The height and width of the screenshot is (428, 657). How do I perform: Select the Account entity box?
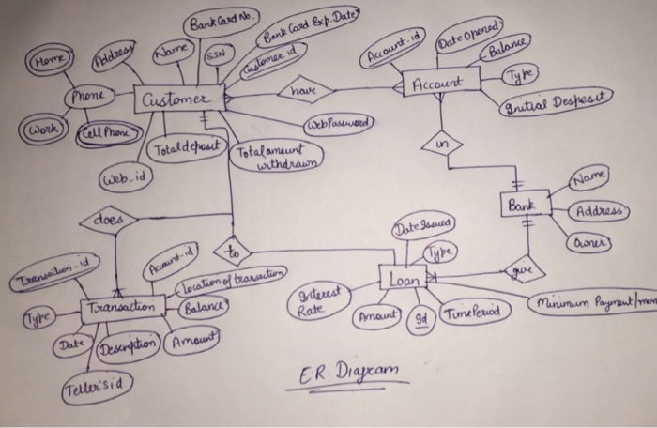pos(440,83)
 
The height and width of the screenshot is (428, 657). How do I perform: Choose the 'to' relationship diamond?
pos(232,251)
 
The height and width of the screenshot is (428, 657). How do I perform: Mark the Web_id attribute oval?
pos(122,178)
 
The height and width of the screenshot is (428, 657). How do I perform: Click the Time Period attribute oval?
pos(471,311)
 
